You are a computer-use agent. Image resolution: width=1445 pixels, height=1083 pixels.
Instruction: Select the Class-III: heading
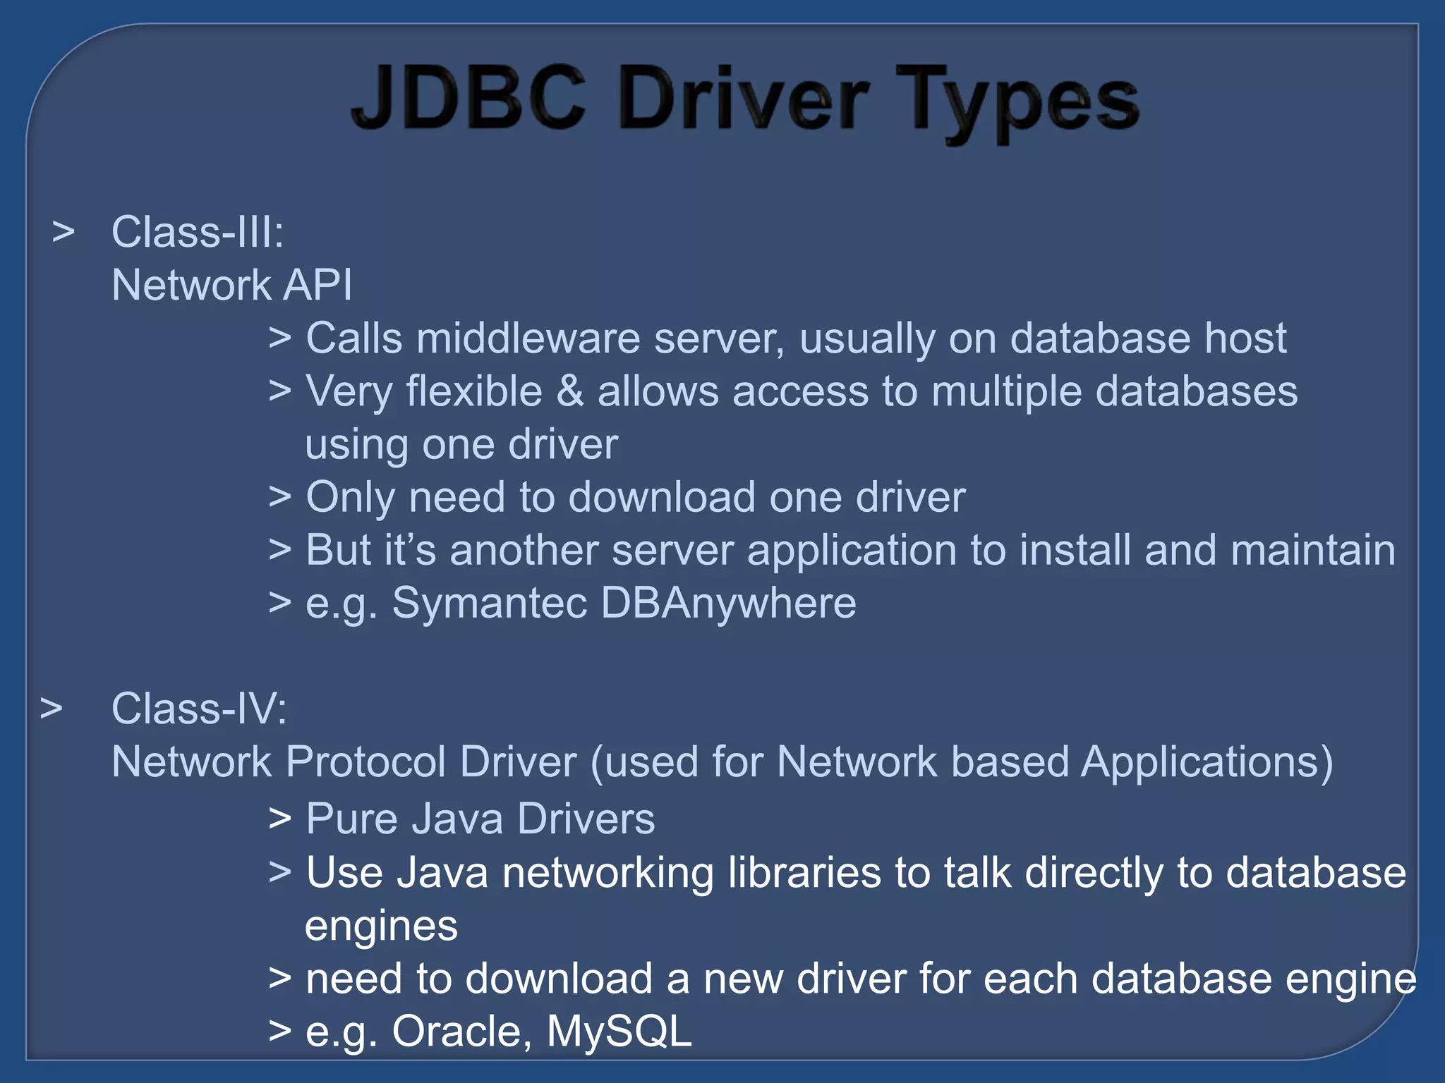pyautogui.click(x=198, y=232)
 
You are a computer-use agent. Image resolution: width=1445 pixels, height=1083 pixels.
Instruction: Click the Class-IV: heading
pyautogui.click(x=199, y=709)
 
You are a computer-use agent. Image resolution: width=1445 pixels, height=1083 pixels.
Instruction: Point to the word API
pyautogui.click(x=317, y=285)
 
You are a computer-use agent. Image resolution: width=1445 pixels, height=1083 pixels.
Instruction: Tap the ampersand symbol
pyautogui.click(x=570, y=391)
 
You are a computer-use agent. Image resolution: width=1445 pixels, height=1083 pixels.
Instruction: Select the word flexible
pyautogui.click(x=473, y=391)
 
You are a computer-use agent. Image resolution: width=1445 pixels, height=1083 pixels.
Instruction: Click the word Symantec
pyautogui.click(x=489, y=603)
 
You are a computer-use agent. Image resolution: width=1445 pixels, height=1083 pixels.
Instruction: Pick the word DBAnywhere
pyautogui.click(x=728, y=603)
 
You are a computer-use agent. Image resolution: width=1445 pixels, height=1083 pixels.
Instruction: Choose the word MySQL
pyautogui.click(x=619, y=1032)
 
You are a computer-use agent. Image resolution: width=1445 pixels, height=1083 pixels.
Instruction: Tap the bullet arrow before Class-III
pyautogui.click(x=64, y=232)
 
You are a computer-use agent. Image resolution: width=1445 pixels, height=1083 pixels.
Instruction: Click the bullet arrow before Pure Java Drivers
pyautogui.click(x=280, y=819)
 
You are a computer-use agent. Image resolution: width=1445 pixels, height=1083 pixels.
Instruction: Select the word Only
pyautogui.click(x=351, y=498)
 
